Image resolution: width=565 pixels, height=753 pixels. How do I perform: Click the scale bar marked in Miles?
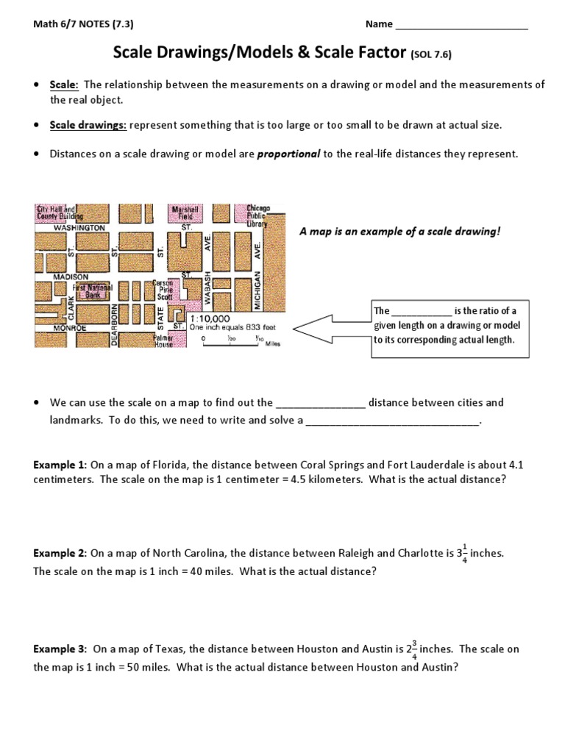(232, 340)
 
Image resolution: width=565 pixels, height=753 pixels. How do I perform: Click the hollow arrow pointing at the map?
(331, 328)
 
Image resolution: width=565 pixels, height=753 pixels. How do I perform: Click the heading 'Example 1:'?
(60, 465)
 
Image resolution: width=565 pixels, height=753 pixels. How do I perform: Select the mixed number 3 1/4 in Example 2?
(461, 553)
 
